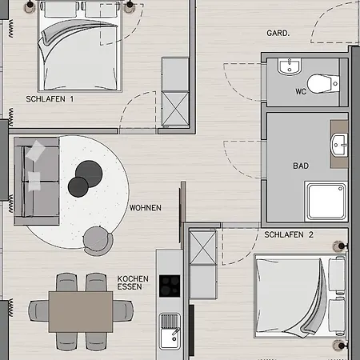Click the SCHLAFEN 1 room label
[x=50, y=99]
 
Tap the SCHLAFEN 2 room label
[x=289, y=235]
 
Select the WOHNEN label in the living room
[x=145, y=208]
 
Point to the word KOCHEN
[x=132, y=277]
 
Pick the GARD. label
[x=278, y=34]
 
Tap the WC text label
[x=301, y=92]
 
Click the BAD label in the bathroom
[x=301, y=166]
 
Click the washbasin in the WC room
[x=288, y=67]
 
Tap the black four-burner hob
[x=170, y=286]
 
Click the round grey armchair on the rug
[x=98, y=238]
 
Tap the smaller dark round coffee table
[x=78, y=186]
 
